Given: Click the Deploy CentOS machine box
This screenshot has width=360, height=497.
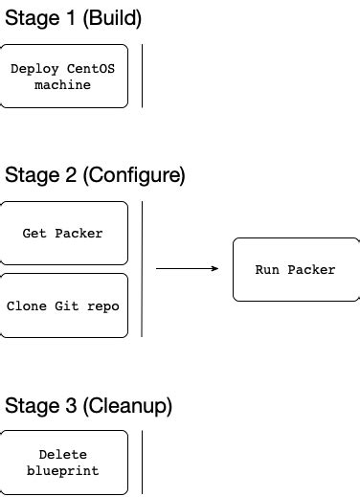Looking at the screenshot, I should [63, 76].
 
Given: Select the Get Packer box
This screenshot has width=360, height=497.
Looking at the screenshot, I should [63, 233].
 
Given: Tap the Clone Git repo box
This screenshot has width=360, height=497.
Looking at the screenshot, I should [63, 306].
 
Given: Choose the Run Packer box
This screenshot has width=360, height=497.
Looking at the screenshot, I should [295, 270].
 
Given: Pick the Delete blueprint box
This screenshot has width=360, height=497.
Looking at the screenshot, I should [63, 463].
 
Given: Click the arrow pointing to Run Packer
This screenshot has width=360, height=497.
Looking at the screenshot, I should [187, 269].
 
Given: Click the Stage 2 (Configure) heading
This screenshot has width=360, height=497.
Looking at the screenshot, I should [95, 175].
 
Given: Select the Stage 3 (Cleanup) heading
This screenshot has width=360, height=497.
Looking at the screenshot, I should [88, 405].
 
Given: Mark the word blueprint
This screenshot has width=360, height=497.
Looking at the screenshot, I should [63, 470].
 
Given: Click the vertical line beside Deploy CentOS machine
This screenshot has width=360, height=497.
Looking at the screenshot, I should [142, 76].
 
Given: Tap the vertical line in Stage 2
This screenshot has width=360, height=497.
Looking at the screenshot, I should [142, 269].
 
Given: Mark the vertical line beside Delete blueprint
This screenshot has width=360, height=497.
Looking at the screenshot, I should [142, 463].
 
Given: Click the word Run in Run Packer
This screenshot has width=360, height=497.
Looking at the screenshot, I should [266, 270].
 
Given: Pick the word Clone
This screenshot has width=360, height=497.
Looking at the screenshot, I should [25, 306].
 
